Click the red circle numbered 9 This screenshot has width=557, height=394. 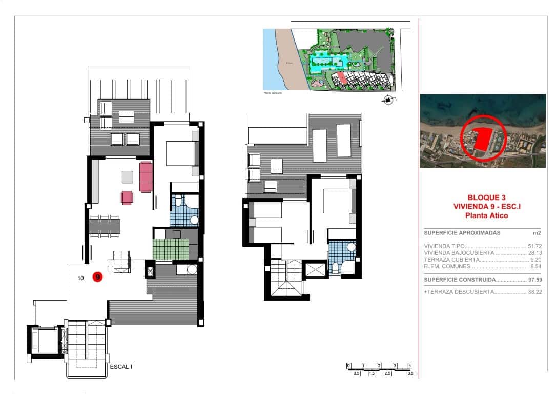[97, 278]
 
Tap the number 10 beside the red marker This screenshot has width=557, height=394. [81, 279]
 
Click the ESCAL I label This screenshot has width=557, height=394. [121, 367]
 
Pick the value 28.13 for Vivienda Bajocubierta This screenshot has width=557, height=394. [534, 253]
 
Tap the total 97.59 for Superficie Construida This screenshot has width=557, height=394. [534, 280]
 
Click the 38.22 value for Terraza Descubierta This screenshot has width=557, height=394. [534, 291]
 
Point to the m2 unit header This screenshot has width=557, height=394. [537, 233]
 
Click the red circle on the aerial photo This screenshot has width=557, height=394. [482, 137]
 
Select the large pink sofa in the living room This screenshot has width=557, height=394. [146, 176]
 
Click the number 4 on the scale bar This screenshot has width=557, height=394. [409, 365]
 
